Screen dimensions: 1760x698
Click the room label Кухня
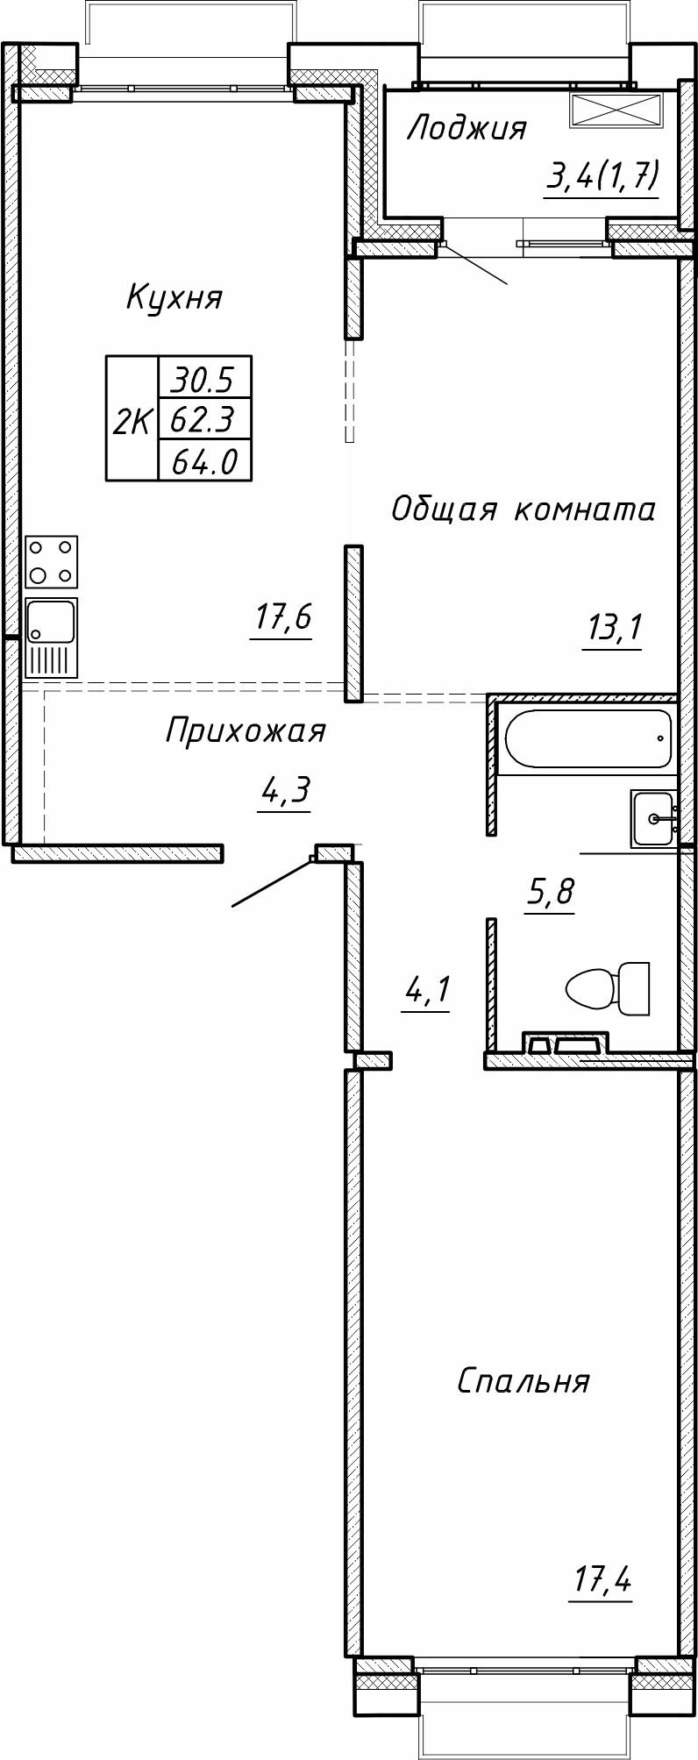pos(174,297)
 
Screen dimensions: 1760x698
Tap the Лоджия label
pos(467,129)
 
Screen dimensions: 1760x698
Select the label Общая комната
pos(523,509)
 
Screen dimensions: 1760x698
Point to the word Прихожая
pos(246,730)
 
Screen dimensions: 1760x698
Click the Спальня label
pos(523,1381)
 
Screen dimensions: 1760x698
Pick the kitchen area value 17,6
pos(282,618)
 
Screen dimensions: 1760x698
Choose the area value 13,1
pos(612,628)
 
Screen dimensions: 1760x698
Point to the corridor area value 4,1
pos(426,991)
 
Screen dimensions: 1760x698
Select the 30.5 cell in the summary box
pos(203,380)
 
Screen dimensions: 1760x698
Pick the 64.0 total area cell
pos(203,461)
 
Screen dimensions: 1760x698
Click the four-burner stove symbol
pos(51,562)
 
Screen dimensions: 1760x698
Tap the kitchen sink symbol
pos(51,638)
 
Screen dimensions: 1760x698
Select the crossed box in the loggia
pos(614,110)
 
